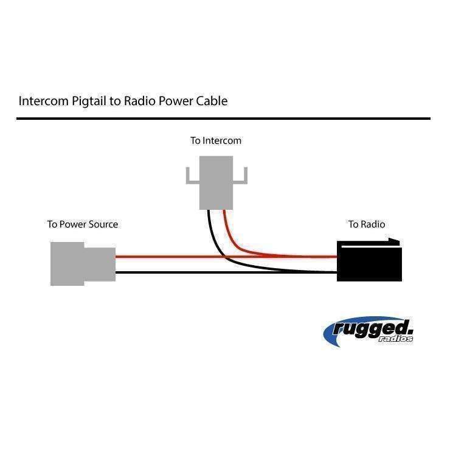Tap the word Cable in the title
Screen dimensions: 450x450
point(211,101)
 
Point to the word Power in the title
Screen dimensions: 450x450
point(176,101)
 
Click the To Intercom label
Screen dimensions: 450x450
point(215,140)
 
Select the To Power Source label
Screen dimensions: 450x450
point(83,224)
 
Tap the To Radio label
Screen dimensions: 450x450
point(366,224)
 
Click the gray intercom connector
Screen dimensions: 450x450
point(216,183)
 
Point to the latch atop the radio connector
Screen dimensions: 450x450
point(370,243)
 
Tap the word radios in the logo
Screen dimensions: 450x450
point(399,338)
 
